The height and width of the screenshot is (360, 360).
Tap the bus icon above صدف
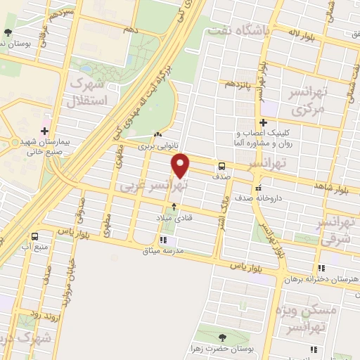pyautogui.click(x=222, y=167)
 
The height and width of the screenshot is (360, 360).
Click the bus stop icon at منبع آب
pyautogui.click(x=34, y=236)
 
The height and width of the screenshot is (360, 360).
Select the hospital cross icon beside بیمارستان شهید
pyautogui.click(x=44, y=131)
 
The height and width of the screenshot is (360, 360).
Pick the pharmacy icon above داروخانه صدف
pyautogui.click(x=259, y=188)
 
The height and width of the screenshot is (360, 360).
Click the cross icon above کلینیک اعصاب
pyautogui.click(x=262, y=123)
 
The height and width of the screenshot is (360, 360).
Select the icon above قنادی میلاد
pyautogui.click(x=174, y=207)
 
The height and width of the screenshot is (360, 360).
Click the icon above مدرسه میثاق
pyautogui.click(x=164, y=240)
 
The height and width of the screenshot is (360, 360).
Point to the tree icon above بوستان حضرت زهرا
pyautogui.click(x=223, y=337)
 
